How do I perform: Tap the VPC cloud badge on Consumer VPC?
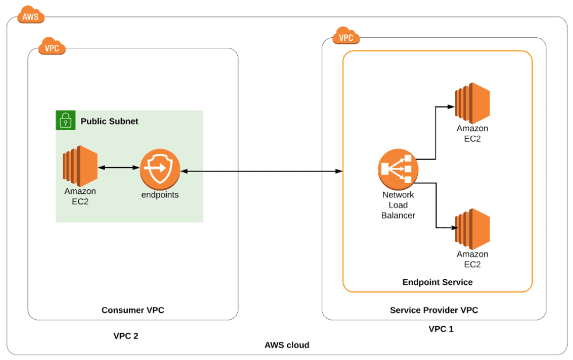(52, 47)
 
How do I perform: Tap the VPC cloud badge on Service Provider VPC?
(346, 37)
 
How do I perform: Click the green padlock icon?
(65, 120)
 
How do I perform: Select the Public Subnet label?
(109, 121)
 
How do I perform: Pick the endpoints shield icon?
(160, 169)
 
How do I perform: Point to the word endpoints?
(160, 195)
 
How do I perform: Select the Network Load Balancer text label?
(398, 205)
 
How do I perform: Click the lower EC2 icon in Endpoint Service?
(472, 228)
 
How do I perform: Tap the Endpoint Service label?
(437, 282)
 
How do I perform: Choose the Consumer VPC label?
(133, 310)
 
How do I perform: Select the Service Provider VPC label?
(434, 310)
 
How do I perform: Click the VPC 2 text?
(126, 336)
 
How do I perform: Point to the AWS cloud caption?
(287, 345)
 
